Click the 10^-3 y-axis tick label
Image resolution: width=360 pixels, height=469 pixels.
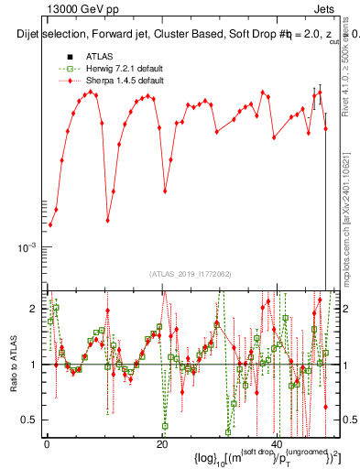pos(28,248)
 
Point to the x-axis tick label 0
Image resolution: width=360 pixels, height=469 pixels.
pos(47,442)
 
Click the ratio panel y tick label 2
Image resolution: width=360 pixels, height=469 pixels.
pos(33,309)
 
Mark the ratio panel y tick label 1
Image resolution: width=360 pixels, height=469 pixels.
pos(33,365)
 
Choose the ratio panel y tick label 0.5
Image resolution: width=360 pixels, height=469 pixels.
pos(29,420)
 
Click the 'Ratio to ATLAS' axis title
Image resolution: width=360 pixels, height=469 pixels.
pos(13,364)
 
